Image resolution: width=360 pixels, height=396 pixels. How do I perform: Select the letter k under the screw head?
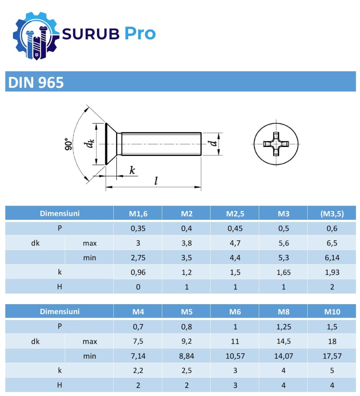[x=132, y=170]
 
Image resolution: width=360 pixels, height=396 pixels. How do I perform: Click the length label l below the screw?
[x=156, y=181]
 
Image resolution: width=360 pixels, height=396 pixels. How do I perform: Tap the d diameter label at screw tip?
[x=214, y=144]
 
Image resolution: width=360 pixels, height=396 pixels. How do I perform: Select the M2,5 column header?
[x=235, y=214]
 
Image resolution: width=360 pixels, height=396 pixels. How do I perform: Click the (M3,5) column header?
[x=332, y=214]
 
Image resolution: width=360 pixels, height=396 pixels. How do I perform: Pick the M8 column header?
[x=283, y=312]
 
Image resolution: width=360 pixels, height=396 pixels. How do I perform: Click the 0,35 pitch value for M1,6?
[x=138, y=228]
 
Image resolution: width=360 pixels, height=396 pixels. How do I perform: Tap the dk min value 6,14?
[x=332, y=258]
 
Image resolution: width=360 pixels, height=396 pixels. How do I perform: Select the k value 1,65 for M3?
[x=283, y=272]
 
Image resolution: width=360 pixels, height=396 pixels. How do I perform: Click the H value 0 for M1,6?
[x=138, y=287]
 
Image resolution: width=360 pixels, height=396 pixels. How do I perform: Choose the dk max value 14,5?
[x=283, y=341]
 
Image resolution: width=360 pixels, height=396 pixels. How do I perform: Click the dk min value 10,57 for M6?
[x=235, y=356]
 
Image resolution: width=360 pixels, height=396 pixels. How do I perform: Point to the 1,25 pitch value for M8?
[x=283, y=327]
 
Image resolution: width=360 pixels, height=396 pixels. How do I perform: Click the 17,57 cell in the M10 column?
[x=332, y=356]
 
